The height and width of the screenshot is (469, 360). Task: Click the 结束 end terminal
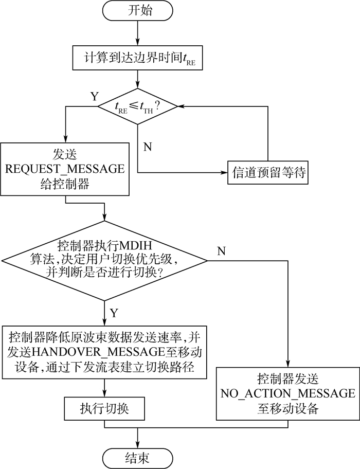point(138,455)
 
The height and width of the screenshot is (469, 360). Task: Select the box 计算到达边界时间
point(138,59)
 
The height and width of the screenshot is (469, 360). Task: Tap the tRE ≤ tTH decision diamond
point(138,106)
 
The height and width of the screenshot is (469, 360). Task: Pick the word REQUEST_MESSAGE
point(64,169)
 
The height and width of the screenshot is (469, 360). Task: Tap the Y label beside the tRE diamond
point(94,96)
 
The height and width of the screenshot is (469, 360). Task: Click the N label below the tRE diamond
point(148,146)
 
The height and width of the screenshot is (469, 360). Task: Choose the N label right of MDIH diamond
point(222,250)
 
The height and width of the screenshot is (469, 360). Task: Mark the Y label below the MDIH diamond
point(114,312)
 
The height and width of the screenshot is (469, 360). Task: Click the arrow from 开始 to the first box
point(138,34)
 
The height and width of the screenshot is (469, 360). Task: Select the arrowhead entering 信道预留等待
point(224,173)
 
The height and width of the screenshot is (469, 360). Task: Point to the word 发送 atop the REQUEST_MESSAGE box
point(64,154)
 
